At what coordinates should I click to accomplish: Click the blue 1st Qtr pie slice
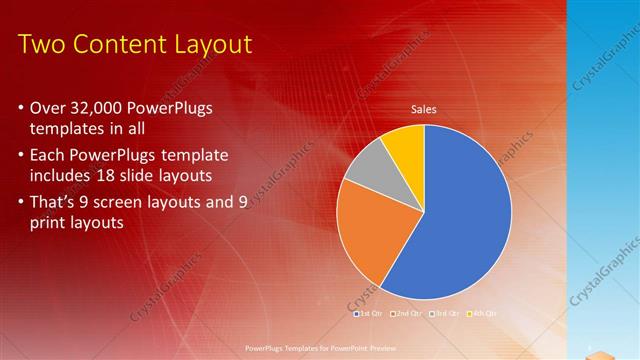460,220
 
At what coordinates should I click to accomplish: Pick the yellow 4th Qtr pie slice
405,143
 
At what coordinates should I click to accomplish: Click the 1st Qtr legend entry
367,313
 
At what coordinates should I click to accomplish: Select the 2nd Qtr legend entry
406,313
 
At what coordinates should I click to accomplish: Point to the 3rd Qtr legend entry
444,313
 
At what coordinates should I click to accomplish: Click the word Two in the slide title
42,45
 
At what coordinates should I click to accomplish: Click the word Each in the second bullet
49,156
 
